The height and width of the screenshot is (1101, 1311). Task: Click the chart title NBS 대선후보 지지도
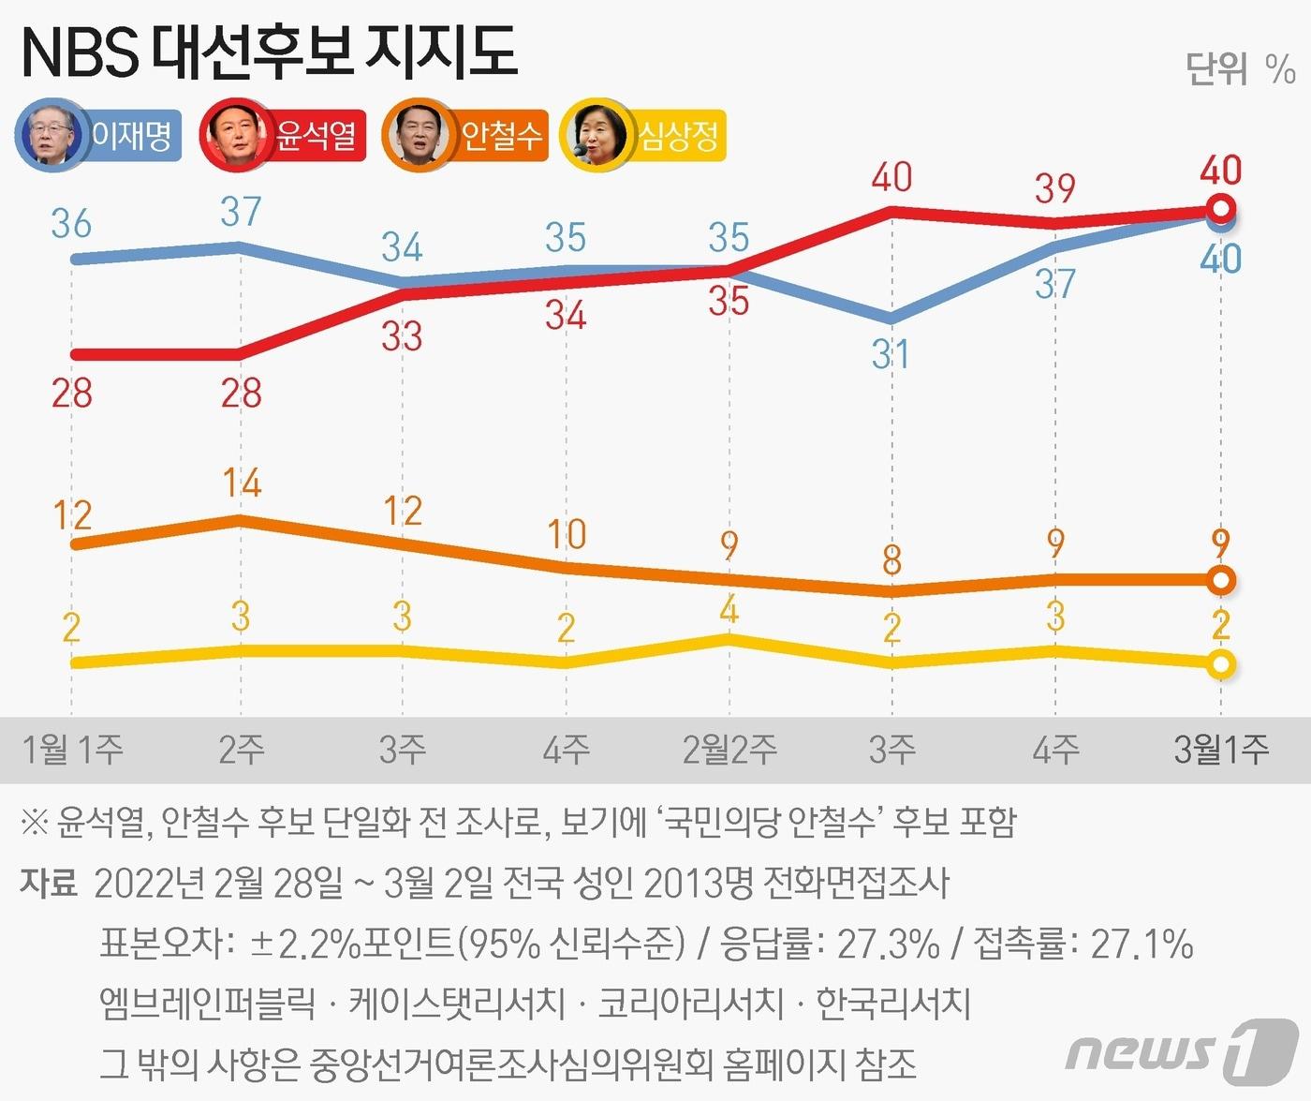(268, 53)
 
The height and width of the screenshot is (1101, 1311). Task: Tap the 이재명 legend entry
(98, 136)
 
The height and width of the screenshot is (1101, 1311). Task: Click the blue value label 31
(890, 355)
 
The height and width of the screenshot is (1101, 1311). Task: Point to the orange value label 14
(242, 483)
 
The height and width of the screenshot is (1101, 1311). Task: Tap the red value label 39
(1055, 189)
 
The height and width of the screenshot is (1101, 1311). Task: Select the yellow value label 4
(729, 611)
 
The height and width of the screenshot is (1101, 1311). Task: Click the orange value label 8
(891, 561)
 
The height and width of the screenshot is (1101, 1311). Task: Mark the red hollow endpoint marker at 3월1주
(1220, 207)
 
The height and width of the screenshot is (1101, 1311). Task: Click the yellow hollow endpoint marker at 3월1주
(1220, 665)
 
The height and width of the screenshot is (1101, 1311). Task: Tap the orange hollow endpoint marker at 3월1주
(1220, 580)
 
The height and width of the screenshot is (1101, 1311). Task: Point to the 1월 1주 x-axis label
(72, 750)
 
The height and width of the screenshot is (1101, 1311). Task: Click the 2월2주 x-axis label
(729, 750)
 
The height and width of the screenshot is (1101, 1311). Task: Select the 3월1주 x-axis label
(1221, 750)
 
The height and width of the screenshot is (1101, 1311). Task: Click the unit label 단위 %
(1240, 68)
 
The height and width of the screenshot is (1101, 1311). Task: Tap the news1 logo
(1182, 1049)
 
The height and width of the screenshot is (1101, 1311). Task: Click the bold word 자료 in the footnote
(48, 883)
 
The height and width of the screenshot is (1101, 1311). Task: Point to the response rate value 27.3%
(888, 944)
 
